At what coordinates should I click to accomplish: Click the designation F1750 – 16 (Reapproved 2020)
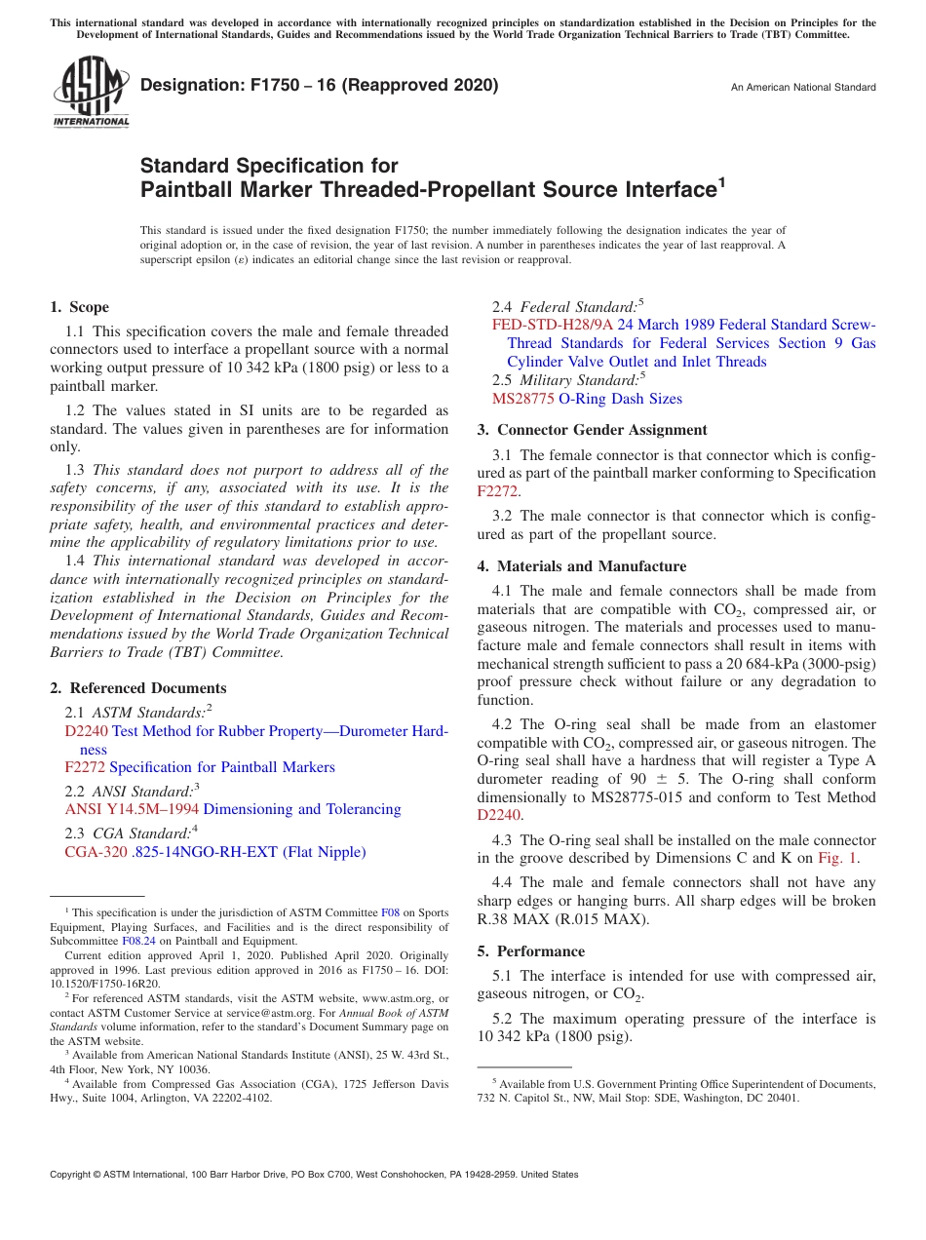(x=319, y=85)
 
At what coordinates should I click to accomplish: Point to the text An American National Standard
(x=802, y=88)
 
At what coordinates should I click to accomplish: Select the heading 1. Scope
(x=80, y=307)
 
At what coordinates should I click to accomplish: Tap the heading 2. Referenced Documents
(x=138, y=688)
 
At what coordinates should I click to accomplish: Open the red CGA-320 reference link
(x=96, y=852)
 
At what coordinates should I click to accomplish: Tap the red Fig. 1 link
(x=838, y=859)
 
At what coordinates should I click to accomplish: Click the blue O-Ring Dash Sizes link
(x=620, y=399)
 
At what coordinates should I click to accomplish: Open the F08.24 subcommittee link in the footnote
(x=138, y=941)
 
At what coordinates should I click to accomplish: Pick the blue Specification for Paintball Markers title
(x=222, y=767)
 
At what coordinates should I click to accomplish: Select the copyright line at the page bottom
(x=314, y=1175)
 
